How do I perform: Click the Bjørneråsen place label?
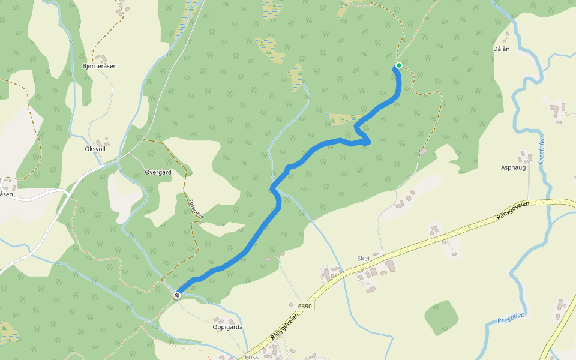tap(100, 65)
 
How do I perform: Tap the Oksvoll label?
tap(96, 148)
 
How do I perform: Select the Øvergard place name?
tap(158, 172)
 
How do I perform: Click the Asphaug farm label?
tap(513, 167)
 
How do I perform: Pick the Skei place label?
tap(363, 258)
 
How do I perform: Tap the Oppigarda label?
tap(227, 327)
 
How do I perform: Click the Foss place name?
tap(252, 356)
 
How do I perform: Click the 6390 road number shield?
tap(305, 307)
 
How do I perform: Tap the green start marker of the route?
tap(398, 65)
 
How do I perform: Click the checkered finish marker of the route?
tap(177, 295)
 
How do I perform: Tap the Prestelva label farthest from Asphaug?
tap(511, 318)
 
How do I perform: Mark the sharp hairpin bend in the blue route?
tap(367, 142)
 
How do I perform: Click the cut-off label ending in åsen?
tap(6, 194)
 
